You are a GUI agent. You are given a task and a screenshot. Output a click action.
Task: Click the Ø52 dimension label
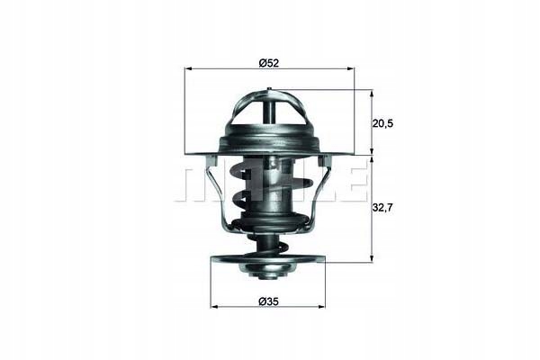pos(268,62)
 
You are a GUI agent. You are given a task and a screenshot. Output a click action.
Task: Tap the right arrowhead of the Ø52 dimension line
pos(350,69)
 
